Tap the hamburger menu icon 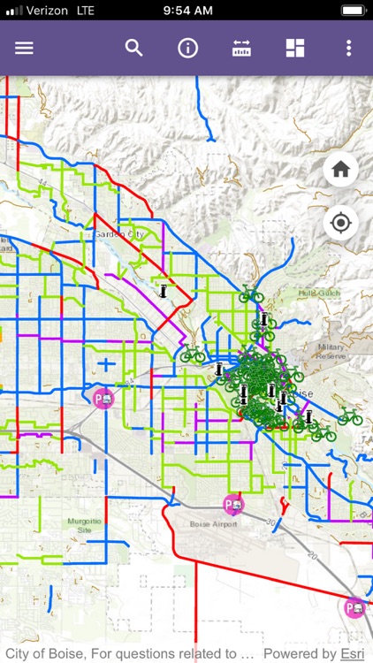[x=24, y=48]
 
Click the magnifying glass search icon [x=133, y=48]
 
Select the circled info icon [x=187, y=48]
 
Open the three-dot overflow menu [x=349, y=48]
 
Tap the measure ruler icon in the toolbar [x=241, y=48]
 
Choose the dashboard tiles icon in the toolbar [x=295, y=48]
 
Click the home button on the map [x=340, y=169]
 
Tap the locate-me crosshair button [x=340, y=223]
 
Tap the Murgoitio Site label [x=85, y=526]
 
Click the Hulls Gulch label [x=315, y=293]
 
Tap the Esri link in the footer [x=353, y=654]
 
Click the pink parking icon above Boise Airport [x=233, y=504]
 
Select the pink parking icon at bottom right [x=354, y=607]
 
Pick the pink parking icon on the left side [x=104, y=398]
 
